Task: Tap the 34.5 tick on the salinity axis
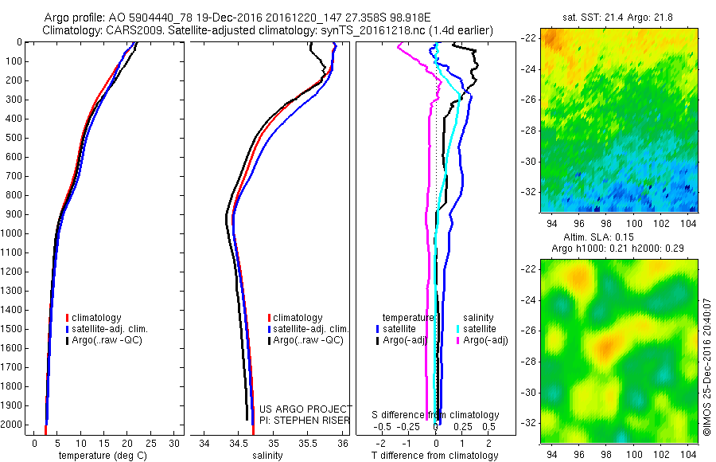pyautogui.click(x=239, y=443)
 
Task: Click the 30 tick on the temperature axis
pyautogui.click(x=175, y=443)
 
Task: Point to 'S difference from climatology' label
pyautogui.click(x=436, y=415)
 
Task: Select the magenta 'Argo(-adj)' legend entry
pyautogui.click(x=483, y=340)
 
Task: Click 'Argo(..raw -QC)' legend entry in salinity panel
pyautogui.click(x=307, y=340)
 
